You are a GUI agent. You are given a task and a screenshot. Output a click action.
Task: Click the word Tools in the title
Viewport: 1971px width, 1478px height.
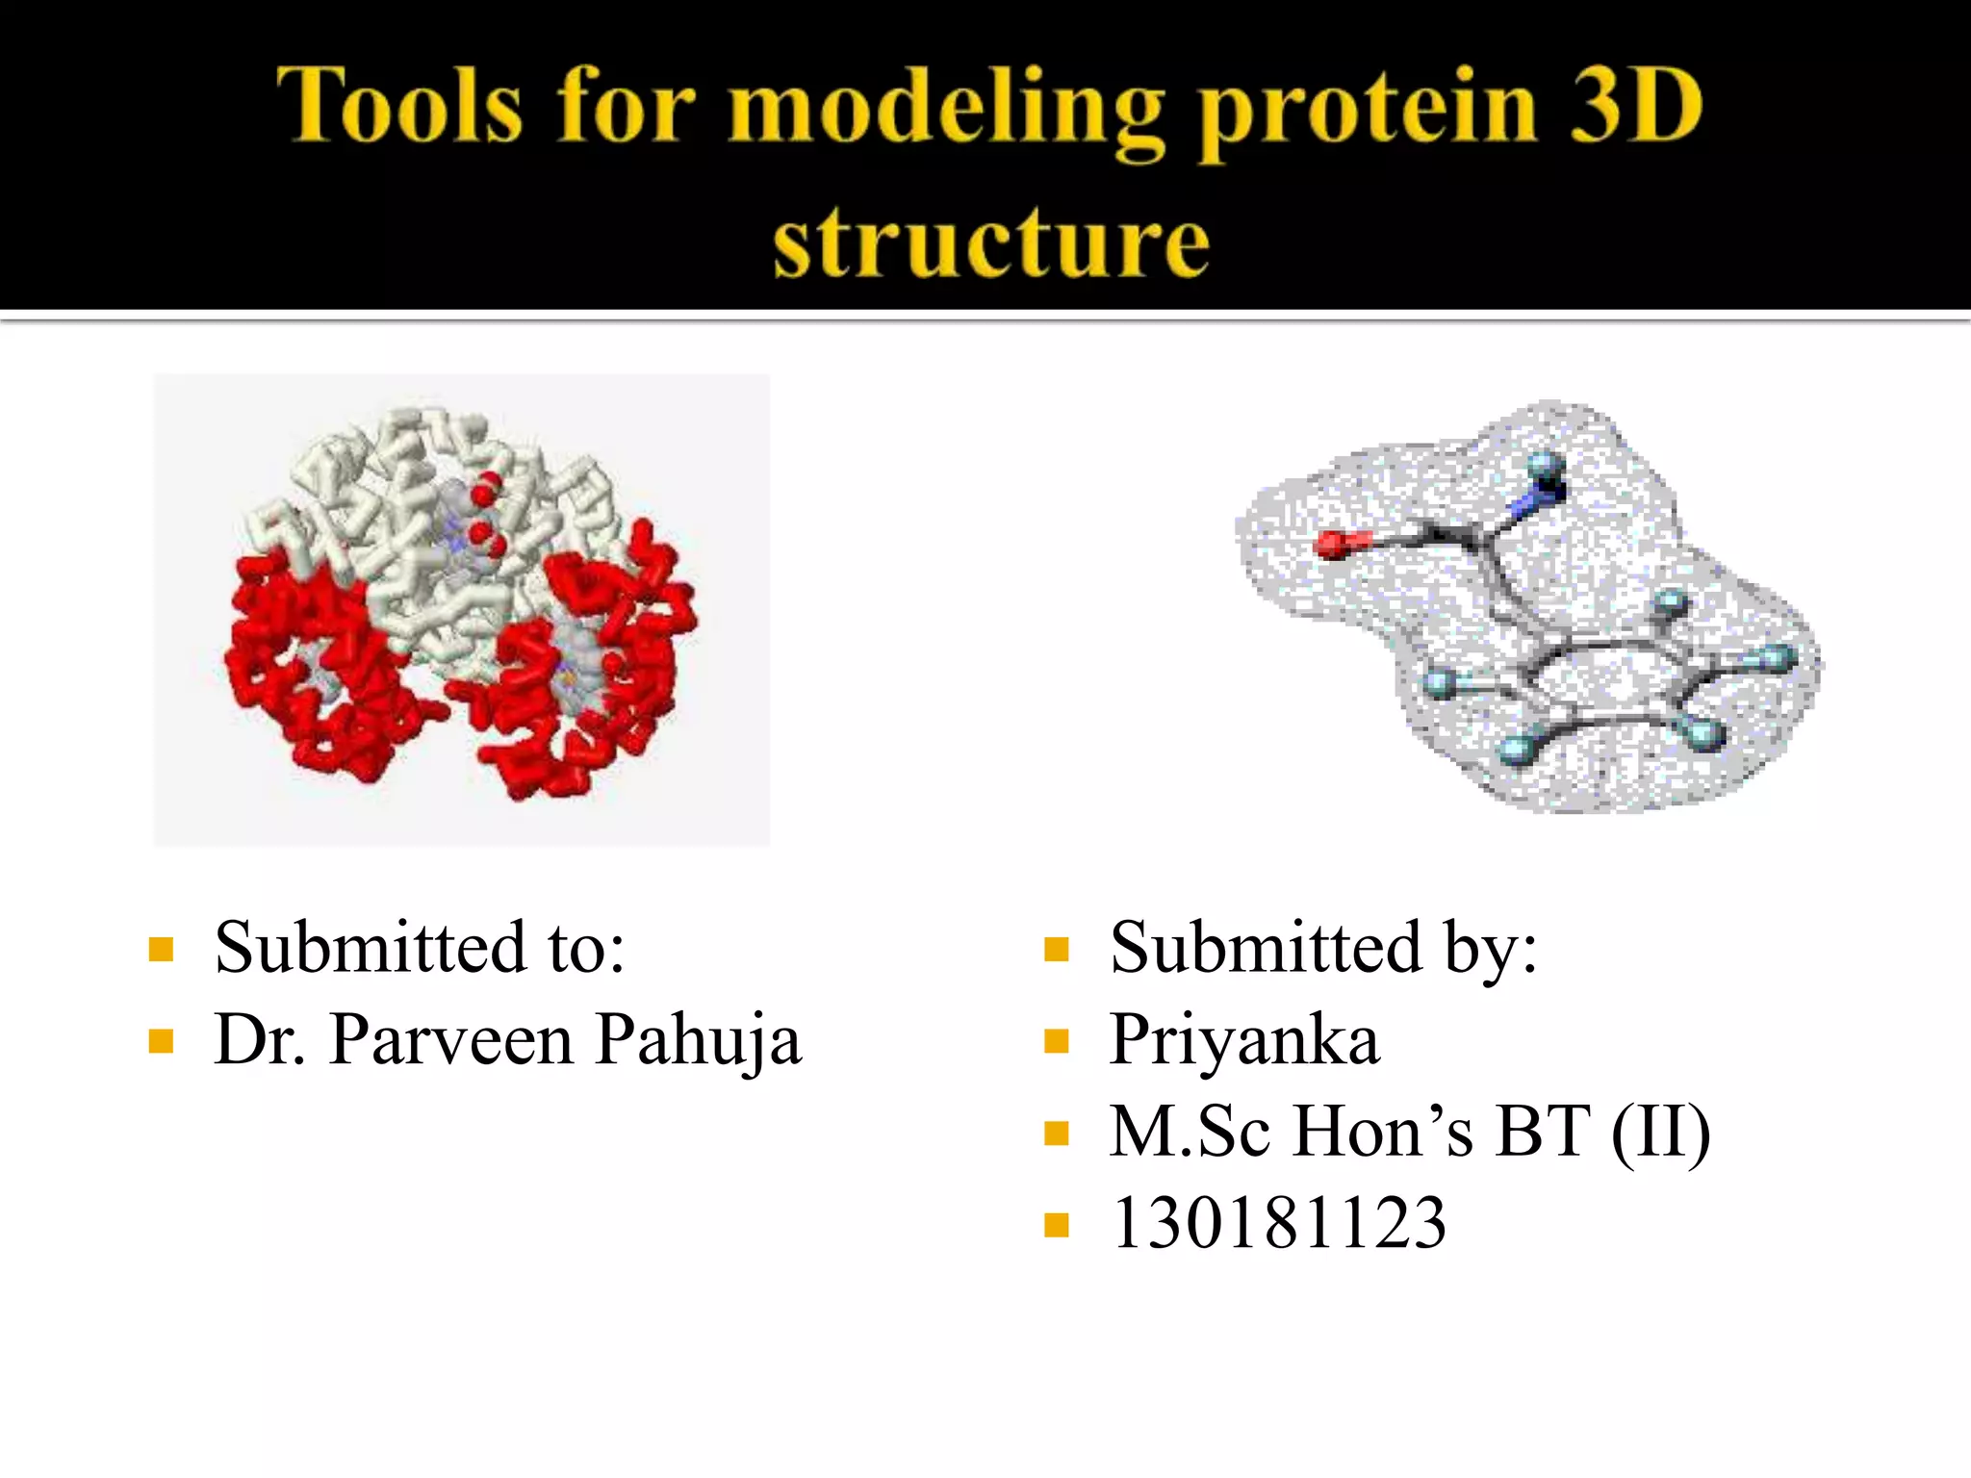tap(399, 106)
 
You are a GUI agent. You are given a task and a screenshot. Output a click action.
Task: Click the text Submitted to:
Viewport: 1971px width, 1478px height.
tap(420, 948)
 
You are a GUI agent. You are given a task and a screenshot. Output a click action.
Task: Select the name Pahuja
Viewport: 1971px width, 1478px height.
tap(698, 1041)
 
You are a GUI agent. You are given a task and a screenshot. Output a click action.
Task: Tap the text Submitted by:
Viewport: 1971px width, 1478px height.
tap(1323, 948)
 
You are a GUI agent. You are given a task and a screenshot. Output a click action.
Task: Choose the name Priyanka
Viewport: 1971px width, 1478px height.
tap(1244, 1041)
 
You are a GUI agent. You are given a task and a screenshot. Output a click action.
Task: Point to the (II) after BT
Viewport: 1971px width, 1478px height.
tap(1661, 1132)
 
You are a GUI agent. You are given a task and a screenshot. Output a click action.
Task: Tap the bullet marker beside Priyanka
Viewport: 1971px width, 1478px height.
tap(1057, 1042)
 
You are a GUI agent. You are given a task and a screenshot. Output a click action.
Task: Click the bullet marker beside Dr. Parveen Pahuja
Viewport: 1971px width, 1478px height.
tap(161, 1042)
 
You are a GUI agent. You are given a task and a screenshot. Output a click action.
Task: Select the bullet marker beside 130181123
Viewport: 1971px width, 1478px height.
tap(1057, 1225)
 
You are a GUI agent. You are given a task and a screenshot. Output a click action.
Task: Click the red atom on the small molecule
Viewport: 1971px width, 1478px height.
tap(1333, 545)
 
